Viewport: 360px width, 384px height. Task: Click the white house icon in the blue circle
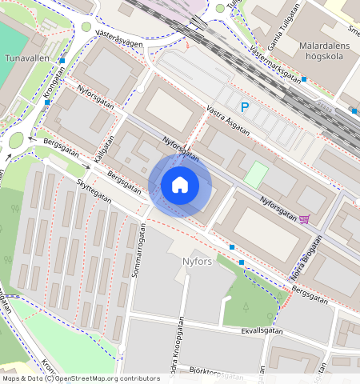[x=180, y=185]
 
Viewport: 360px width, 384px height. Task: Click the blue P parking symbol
[x=245, y=106]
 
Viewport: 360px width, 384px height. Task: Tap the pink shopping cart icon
[x=305, y=219]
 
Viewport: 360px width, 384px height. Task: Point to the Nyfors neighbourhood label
[x=192, y=261]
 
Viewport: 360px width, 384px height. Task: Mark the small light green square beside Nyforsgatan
[x=255, y=175]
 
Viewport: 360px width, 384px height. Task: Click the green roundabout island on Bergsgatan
[x=16, y=141]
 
